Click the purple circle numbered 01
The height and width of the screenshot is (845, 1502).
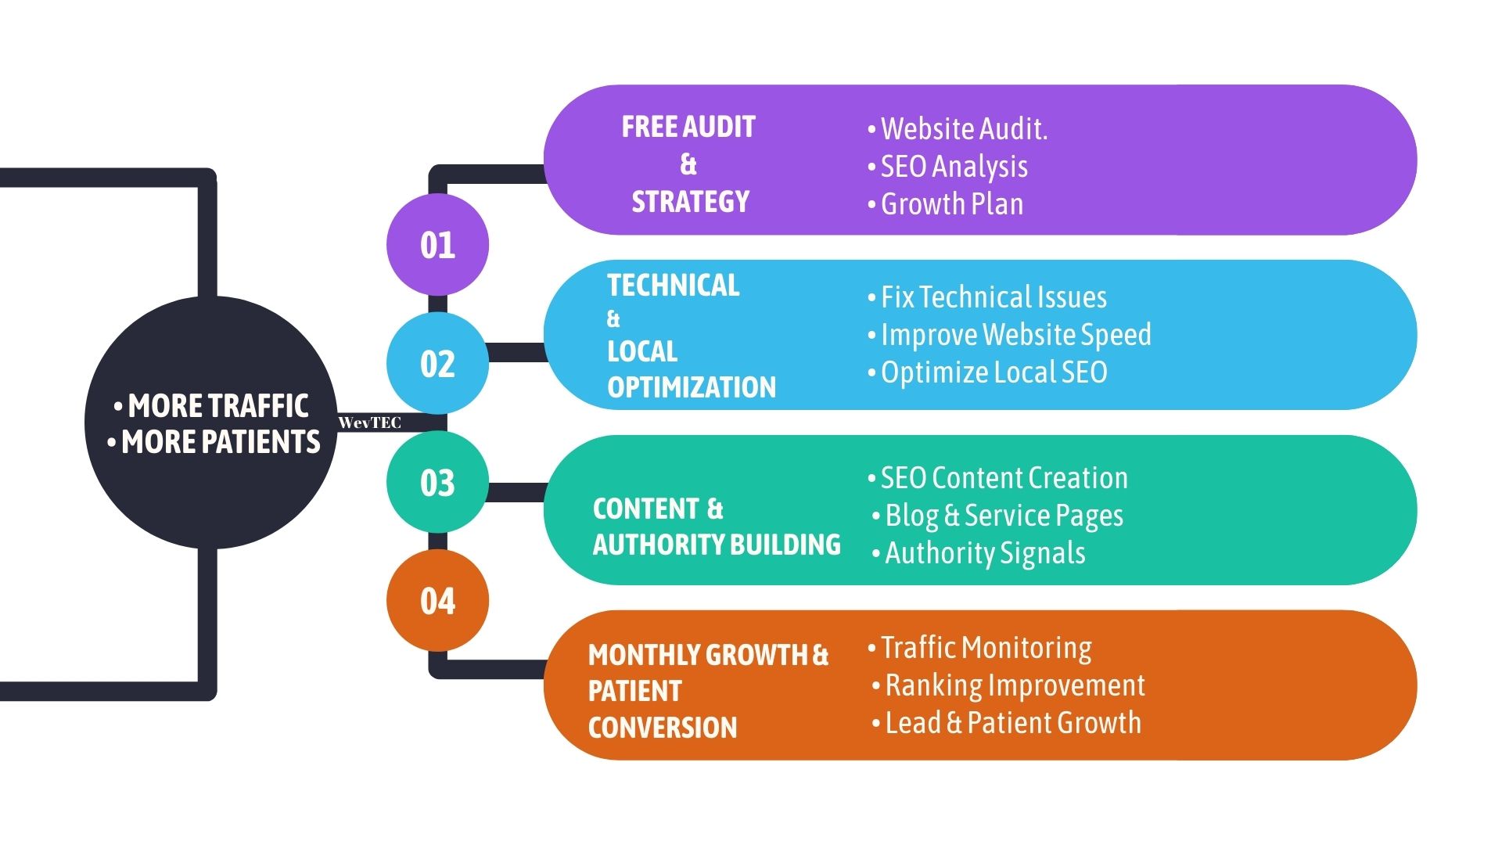[437, 245]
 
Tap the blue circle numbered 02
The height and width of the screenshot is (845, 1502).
[437, 364]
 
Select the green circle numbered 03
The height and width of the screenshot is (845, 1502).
[437, 483]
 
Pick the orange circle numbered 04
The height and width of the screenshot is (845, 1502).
[437, 601]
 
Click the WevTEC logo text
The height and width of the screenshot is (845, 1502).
[369, 422]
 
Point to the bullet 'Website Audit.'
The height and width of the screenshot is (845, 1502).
[963, 129]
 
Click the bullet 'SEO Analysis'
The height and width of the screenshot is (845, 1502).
[954, 167]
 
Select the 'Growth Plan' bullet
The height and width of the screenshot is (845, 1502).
[951, 204]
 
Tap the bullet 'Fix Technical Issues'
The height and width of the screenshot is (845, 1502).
[993, 297]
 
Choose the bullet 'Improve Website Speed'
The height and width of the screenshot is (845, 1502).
[1015, 335]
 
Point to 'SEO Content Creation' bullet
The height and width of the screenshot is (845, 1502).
[1004, 478]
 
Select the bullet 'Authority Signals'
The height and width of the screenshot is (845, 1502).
[984, 553]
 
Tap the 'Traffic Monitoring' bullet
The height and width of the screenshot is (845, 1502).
[986, 648]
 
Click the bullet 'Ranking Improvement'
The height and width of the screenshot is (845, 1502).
[1014, 685]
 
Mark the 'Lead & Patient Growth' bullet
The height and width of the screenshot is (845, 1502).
[1012, 723]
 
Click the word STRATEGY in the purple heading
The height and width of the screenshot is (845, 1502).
[690, 202]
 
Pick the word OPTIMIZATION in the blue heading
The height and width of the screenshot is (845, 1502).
[692, 387]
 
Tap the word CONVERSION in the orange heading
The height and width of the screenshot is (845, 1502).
[663, 728]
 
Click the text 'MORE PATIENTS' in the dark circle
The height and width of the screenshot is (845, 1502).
[221, 443]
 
